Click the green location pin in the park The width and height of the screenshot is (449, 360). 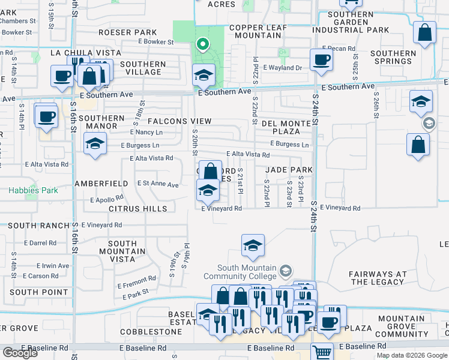pos(203,44)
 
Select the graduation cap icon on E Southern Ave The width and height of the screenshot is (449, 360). pos(203,76)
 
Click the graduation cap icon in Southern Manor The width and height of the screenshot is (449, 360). pos(95,144)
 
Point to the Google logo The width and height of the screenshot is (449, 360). pos(20,353)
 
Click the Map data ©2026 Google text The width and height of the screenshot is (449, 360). pos(412,355)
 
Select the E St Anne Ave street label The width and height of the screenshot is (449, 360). pos(158,184)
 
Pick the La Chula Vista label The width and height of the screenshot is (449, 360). pos(81,53)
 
